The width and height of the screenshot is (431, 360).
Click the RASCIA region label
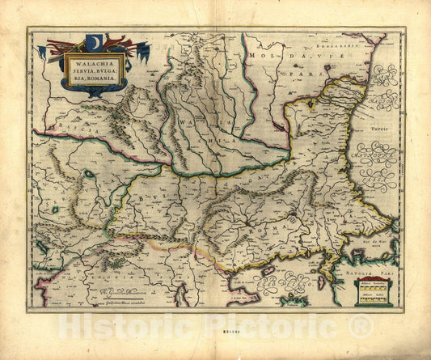[x=50, y=128]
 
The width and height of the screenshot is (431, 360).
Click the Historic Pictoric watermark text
[x=215, y=326]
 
